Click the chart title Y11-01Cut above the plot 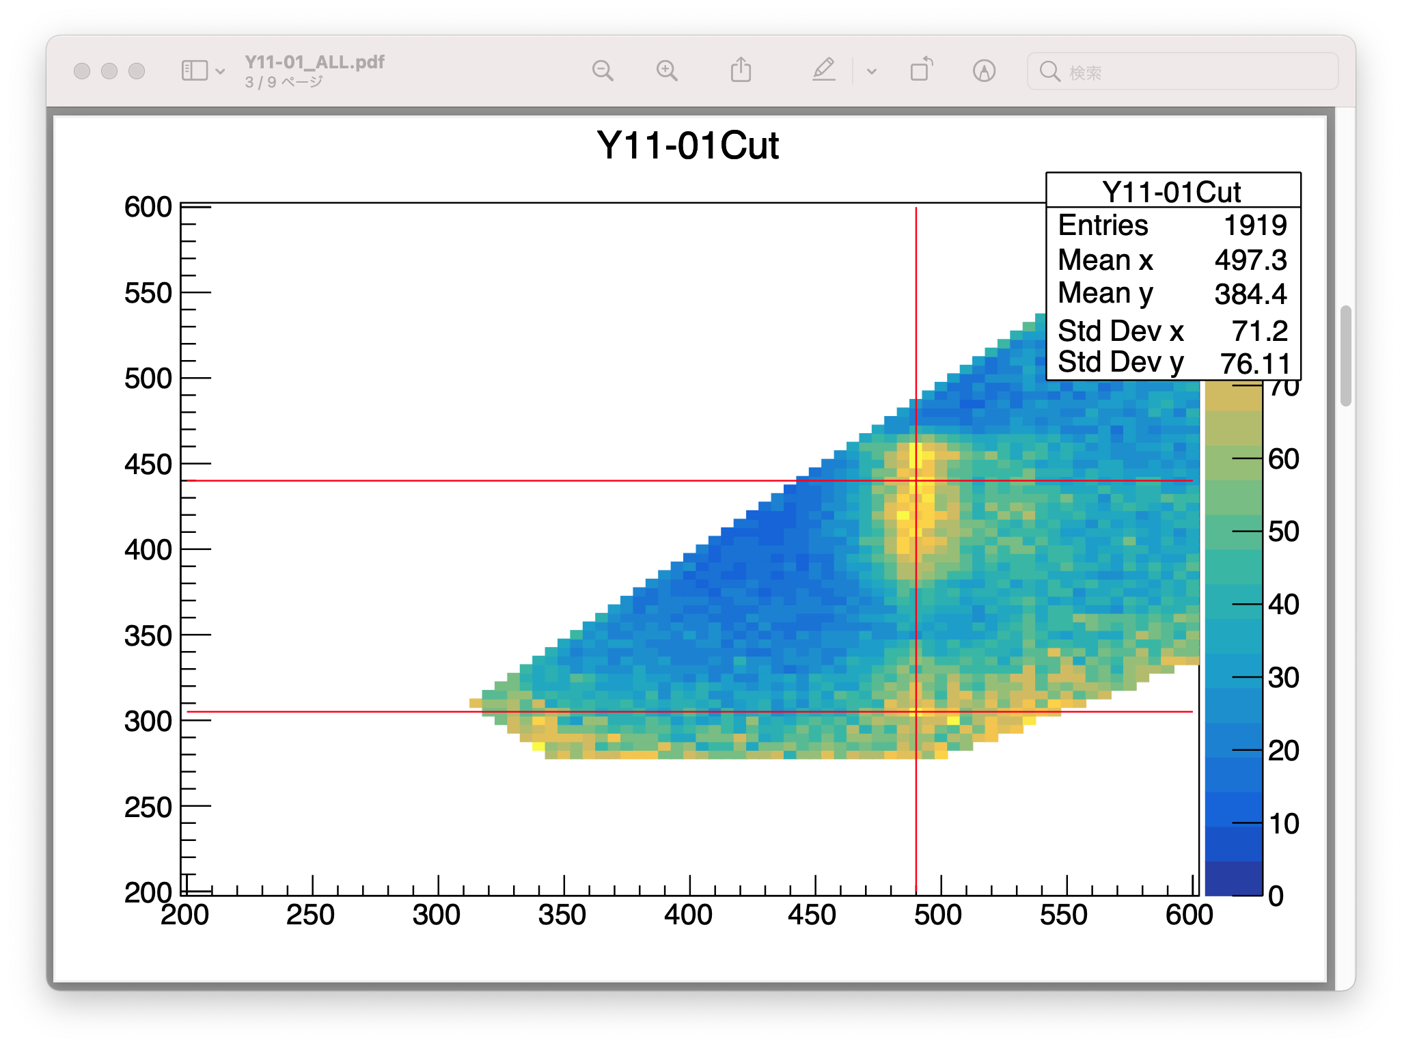(x=687, y=146)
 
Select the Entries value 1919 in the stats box (x=1255, y=225)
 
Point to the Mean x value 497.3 (x=1250, y=260)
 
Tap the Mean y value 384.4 (x=1250, y=294)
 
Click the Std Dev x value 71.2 (x=1260, y=331)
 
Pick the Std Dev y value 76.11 (x=1255, y=363)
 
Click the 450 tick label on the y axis (x=148, y=465)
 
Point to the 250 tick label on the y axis (x=148, y=808)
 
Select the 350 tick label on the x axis (x=562, y=915)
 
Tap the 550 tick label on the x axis (x=1064, y=915)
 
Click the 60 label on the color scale (x=1283, y=459)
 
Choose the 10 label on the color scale (x=1283, y=823)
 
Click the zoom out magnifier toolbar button (x=603, y=70)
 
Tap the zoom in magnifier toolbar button (x=667, y=70)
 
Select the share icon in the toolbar (x=741, y=70)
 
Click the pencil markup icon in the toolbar (x=824, y=70)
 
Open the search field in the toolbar (x=1183, y=71)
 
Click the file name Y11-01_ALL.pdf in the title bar (x=314, y=62)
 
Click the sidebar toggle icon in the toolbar (x=195, y=70)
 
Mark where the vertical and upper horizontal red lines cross (x=916, y=481)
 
